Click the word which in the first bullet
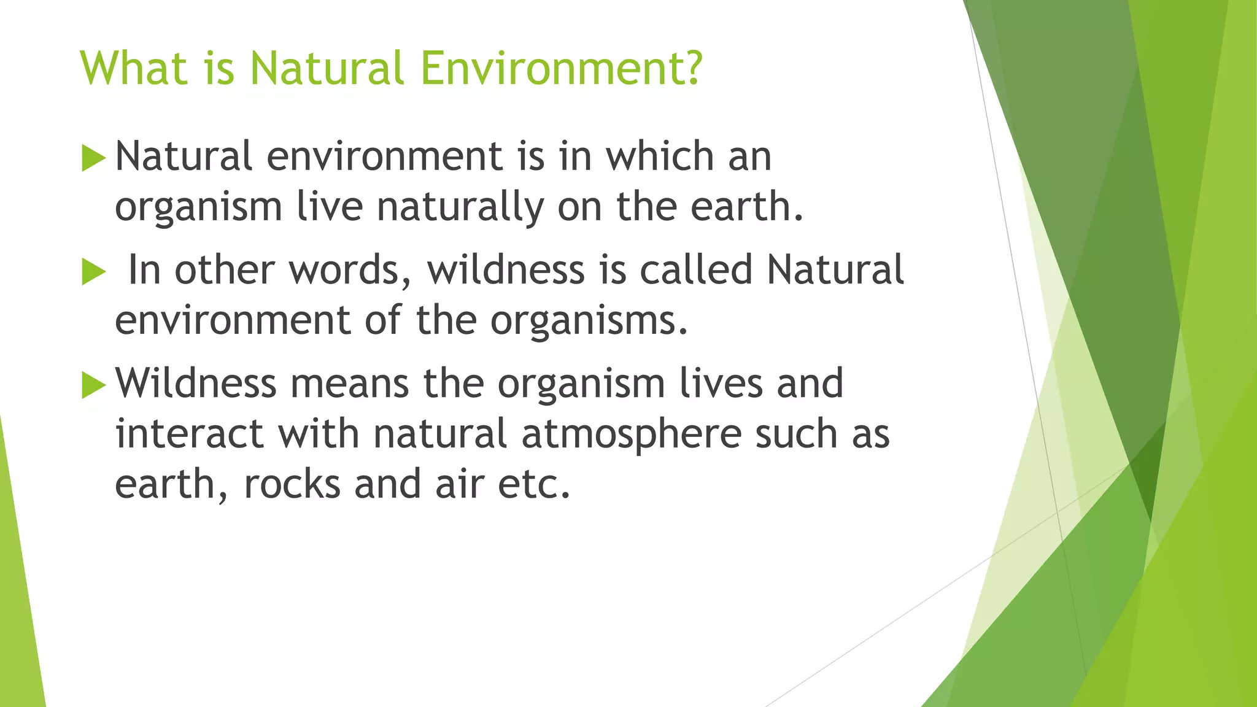[x=660, y=156]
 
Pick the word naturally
[x=460, y=207]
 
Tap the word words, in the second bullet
[x=350, y=270]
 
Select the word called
[x=696, y=270]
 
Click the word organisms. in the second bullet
[x=589, y=321]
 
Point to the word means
[x=349, y=383]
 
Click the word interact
[x=190, y=434]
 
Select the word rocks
[x=292, y=485]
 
